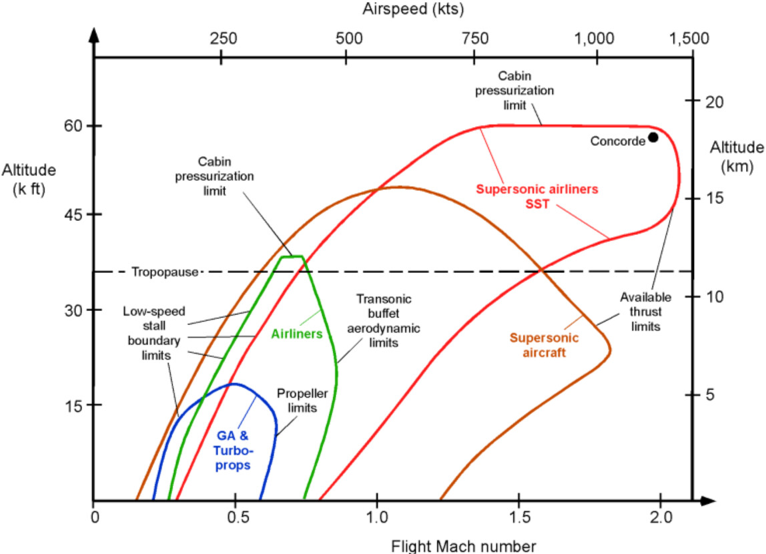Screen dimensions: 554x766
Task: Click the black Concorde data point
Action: [x=653, y=137]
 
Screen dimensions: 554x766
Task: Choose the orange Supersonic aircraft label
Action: [x=544, y=345]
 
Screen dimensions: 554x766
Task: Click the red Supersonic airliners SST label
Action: [x=531, y=195]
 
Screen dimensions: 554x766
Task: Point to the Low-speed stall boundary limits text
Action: [x=147, y=332]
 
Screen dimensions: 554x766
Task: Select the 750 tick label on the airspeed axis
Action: [x=474, y=38]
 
